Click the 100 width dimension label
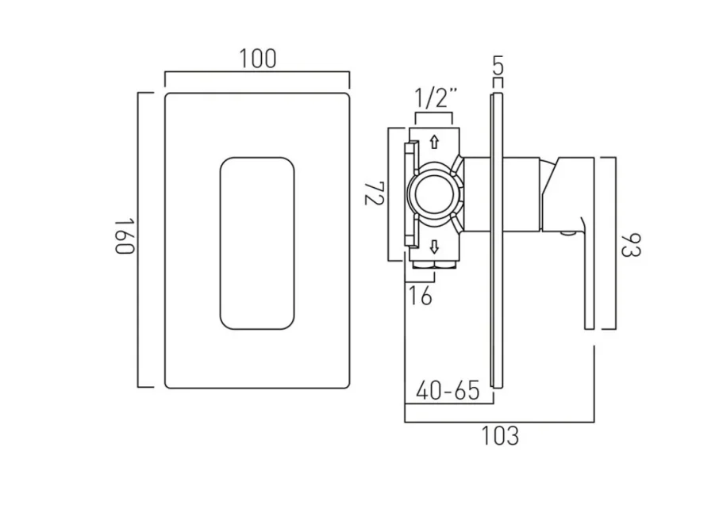pos(257,59)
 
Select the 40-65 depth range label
pos(448,390)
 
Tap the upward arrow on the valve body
pos(433,143)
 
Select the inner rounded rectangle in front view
pos(256,243)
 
